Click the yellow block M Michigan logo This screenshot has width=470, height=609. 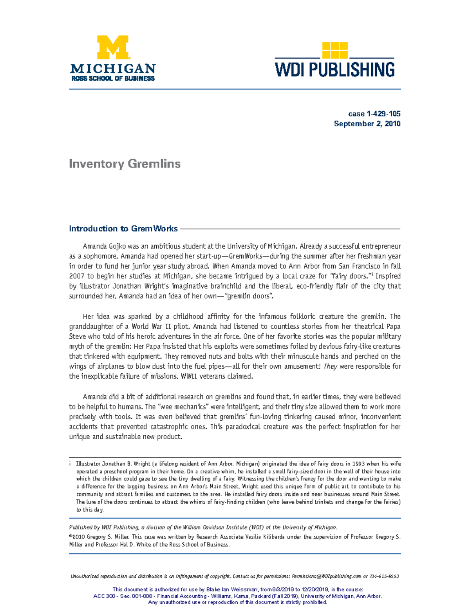point(113,47)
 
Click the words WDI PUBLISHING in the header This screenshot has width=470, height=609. point(334,70)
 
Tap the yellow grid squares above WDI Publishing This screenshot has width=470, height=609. point(334,50)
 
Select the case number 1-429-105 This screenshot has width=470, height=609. point(383,114)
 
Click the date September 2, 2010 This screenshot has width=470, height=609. point(367,124)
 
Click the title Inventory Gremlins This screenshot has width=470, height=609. point(125,164)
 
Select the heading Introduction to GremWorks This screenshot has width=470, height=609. point(123,229)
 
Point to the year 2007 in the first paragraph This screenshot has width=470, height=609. point(76,276)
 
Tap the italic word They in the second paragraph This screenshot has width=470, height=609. point(330,366)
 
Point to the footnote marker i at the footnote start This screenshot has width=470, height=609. point(70,464)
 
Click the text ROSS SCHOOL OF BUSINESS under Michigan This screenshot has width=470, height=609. point(113,78)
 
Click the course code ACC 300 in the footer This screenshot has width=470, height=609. point(104,596)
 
